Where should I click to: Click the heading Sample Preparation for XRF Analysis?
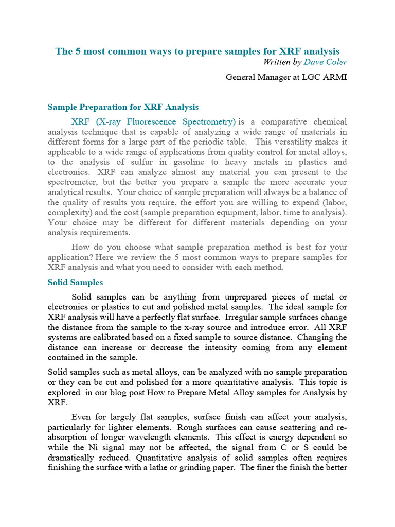click(123, 107)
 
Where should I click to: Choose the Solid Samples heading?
click(75, 282)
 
